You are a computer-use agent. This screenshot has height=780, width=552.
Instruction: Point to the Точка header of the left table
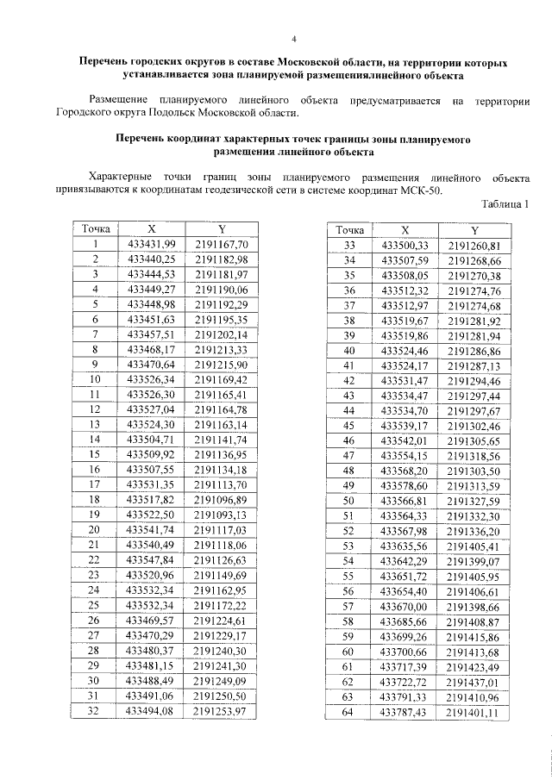coord(96,229)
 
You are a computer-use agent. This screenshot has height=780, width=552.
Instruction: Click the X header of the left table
coord(151,229)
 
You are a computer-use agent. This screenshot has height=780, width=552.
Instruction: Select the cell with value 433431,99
coord(151,244)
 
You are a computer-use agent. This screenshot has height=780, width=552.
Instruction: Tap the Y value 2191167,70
coord(221,244)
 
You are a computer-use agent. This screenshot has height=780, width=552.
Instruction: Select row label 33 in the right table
coord(349,246)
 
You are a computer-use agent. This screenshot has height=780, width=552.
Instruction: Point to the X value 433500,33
coord(405,246)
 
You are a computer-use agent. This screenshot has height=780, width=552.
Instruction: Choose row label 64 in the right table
coord(349,711)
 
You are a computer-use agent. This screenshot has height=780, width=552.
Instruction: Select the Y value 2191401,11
coord(474,712)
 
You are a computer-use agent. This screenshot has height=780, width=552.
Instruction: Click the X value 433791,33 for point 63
coord(405,696)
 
